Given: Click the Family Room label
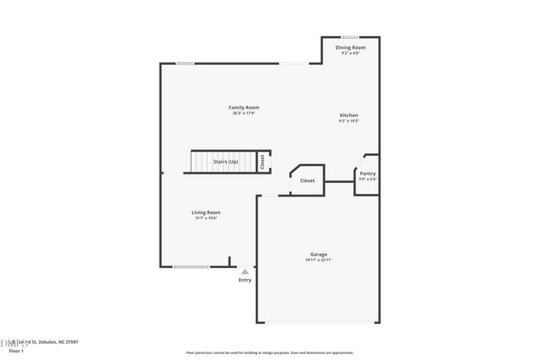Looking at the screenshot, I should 245,107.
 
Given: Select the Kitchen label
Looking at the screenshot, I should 348,115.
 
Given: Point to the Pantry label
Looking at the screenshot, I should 367,173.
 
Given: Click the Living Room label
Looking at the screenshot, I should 206,212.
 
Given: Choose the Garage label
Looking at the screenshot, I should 318,254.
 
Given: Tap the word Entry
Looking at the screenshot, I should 245,280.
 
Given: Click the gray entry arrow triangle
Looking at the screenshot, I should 245,271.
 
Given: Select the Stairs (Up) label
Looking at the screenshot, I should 225,161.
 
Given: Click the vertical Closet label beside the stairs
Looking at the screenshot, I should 262,161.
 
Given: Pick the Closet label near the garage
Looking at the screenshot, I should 307,180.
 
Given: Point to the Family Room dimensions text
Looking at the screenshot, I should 245,113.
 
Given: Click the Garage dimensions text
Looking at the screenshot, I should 318,260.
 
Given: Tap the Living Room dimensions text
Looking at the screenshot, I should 206,218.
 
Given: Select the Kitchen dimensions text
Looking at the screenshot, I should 348,121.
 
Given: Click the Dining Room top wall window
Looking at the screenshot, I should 350,36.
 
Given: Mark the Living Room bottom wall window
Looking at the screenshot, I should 191,267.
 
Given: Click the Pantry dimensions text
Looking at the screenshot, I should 367,179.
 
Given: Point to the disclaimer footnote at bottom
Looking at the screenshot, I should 270,352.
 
